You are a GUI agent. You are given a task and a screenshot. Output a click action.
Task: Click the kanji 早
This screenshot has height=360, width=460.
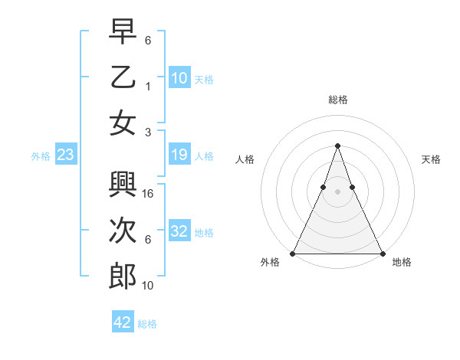[x=123, y=31]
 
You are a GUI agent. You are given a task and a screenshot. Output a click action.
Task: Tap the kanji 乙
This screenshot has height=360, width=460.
[x=123, y=77]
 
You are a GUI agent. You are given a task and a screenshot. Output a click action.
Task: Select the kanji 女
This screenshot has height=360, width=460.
[x=123, y=123]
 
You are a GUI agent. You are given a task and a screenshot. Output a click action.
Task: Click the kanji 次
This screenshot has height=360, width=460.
[x=123, y=231]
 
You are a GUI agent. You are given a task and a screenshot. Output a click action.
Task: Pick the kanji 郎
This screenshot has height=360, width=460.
[x=123, y=277]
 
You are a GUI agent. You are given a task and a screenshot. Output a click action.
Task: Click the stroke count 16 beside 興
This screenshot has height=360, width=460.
[x=149, y=195]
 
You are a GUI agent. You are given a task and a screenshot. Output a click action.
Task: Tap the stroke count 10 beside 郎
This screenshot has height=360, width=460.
[x=149, y=286]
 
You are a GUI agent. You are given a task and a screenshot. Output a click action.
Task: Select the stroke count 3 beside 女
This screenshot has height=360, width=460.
[x=148, y=133]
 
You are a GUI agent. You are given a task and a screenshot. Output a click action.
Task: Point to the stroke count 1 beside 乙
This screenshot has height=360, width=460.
[x=148, y=87]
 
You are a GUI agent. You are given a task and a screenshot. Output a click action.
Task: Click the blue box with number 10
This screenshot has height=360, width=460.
[x=179, y=77]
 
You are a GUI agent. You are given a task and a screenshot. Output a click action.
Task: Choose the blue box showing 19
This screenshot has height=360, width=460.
[x=179, y=155]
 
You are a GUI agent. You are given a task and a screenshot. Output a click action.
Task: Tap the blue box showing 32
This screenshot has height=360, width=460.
[x=179, y=231]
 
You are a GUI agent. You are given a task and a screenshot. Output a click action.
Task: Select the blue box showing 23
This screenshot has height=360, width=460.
[x=66, y=155]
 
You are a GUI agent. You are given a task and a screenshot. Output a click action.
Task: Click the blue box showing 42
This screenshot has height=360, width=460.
[x=123, y=322]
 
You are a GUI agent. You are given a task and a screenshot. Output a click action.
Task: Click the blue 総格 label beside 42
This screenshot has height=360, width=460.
[x=147, y=324]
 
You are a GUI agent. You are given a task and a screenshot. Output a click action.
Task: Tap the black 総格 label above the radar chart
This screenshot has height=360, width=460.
[x=338, y=100]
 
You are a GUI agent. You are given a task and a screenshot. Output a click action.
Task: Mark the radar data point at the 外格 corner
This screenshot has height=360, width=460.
[x=293, y=253]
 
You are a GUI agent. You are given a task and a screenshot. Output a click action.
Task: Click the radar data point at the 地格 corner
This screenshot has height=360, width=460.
[x=383, y=253]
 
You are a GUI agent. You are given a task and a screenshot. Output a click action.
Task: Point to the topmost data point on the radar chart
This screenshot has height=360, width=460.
[x=338, y=146]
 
